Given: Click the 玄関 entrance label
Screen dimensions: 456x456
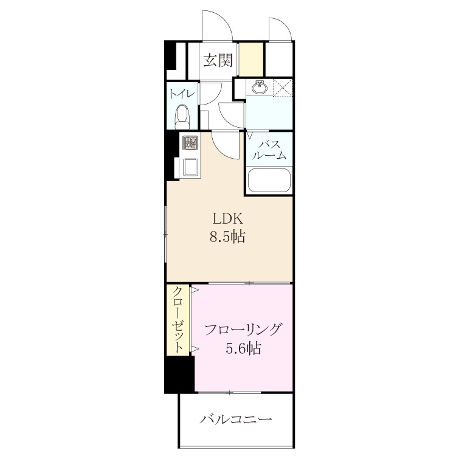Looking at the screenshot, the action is click(218, 60).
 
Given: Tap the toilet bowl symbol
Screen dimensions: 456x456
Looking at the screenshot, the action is click(182, 117).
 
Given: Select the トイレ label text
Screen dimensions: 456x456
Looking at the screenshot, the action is click(182, 94).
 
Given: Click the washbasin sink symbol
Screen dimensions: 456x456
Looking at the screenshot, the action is click(259, 87).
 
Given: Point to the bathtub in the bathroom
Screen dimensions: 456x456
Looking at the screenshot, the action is click(269, 180).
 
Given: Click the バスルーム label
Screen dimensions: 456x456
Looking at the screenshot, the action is click(269, 150).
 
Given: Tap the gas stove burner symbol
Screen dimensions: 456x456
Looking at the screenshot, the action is click(190, 143).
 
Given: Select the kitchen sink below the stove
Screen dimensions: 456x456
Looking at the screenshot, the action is click(190, 168).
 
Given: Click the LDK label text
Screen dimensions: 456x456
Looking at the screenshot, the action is click(228, 219).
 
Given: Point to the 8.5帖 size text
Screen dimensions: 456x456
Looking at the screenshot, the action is click(227, 237).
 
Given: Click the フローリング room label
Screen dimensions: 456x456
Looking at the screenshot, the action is click(243, 330).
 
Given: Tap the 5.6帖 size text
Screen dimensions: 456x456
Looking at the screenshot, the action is click(243, 348).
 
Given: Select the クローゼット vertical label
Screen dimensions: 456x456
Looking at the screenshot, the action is click(178, 319).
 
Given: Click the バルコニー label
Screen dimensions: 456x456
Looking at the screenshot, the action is click(235, 419).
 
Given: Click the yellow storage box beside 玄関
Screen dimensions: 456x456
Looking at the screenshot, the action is click(251, 59).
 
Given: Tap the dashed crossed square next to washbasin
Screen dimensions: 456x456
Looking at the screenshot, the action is click(283, 88).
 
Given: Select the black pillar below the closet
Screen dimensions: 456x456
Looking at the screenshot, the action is click(179, 374).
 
